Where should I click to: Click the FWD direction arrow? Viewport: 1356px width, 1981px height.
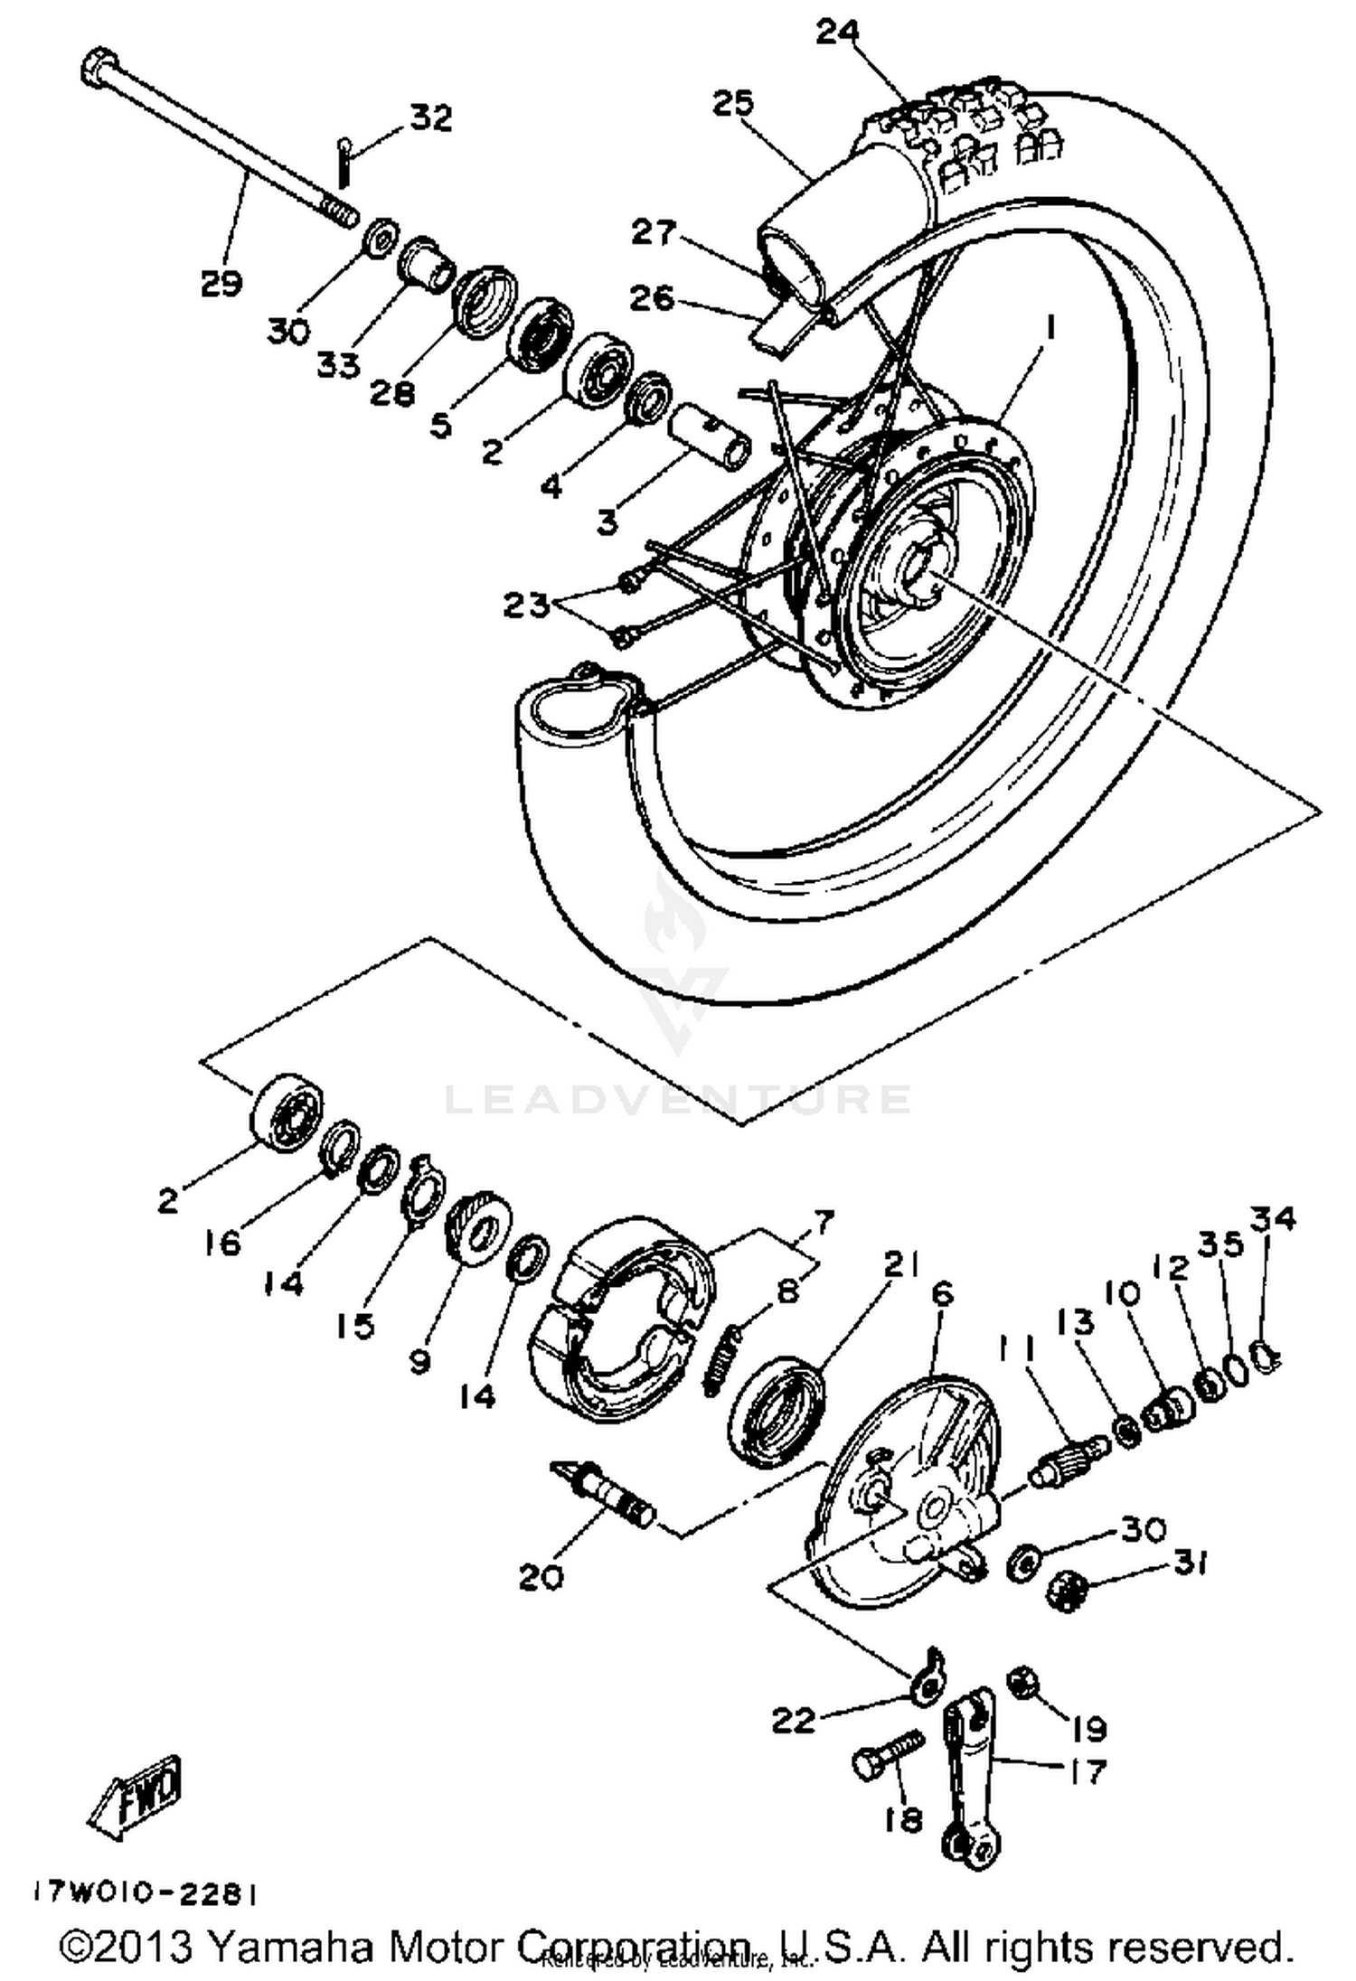point(137,1790)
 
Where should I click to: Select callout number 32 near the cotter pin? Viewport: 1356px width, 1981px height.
point(430,117)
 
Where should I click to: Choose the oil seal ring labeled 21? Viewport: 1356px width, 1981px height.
point(776,1412)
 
